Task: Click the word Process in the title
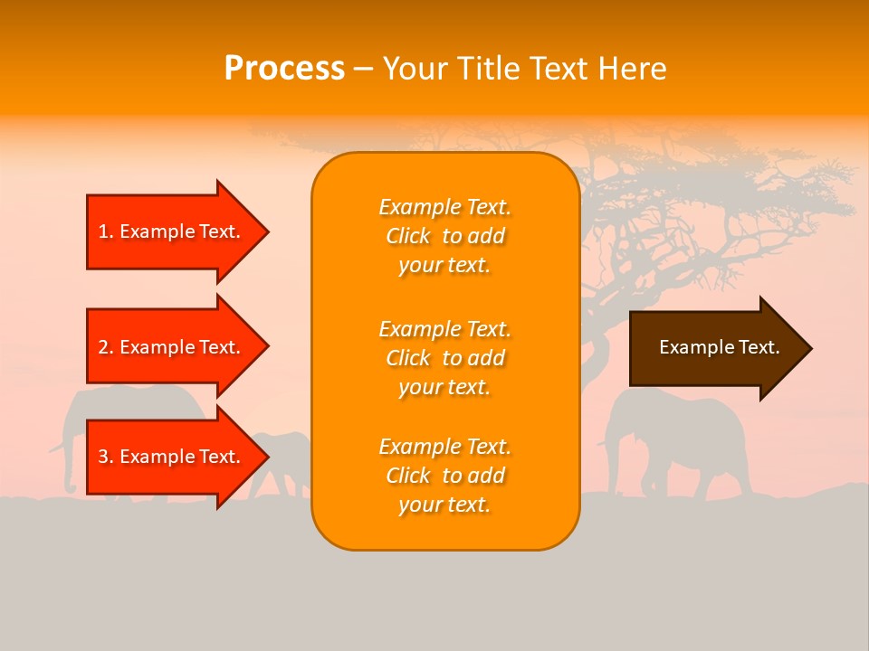point(284,69)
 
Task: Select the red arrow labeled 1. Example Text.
point(172,231)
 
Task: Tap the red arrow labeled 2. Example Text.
point(172,347)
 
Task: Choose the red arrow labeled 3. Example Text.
point(172,457)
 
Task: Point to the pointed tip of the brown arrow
point(808,348)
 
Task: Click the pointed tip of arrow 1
point(266,231)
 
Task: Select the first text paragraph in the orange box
point(444,236)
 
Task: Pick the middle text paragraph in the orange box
point(444,358)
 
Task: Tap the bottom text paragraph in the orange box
point(444,476)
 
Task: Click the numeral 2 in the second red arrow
point(103,347)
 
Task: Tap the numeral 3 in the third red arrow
point(103,457)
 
